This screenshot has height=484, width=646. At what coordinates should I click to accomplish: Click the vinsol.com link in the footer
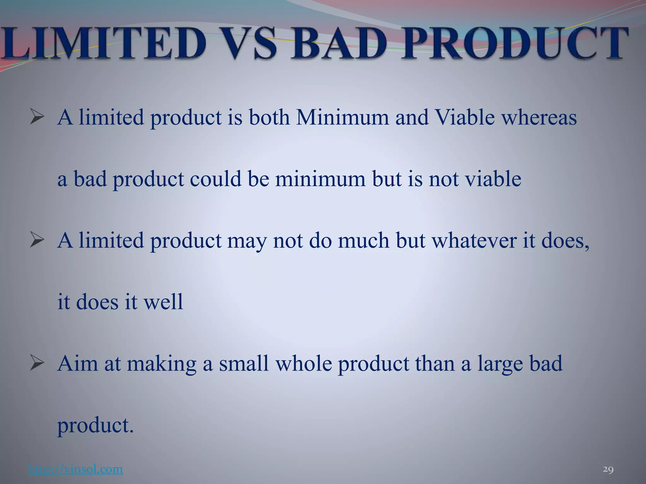click(x=75, y=469)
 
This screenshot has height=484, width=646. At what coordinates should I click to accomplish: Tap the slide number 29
click(x=608, y=470)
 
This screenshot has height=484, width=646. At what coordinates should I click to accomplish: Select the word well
click(x=163, y=302)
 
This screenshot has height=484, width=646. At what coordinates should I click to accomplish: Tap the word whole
click(x=303, y=363)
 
